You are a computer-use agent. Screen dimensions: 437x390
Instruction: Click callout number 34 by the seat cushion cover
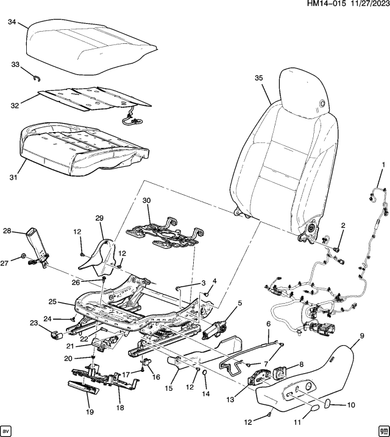[12, 23]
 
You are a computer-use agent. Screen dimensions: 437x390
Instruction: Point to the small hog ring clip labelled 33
[36, 75]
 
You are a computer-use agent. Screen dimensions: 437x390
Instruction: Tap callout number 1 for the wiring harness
[383, 165]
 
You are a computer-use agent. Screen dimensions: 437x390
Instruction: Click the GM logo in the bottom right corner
[382, 429]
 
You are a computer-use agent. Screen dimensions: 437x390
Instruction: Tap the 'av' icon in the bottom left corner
[7, 429]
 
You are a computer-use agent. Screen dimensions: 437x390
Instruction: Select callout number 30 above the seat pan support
[146, 200]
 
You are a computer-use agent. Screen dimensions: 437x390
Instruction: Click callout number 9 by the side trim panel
[362, 335]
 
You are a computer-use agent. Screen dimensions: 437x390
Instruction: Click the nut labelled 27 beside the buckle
[23, 255]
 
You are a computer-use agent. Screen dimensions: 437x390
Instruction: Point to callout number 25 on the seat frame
[52, 302]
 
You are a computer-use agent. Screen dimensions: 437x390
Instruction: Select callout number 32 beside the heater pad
[15, 104]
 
